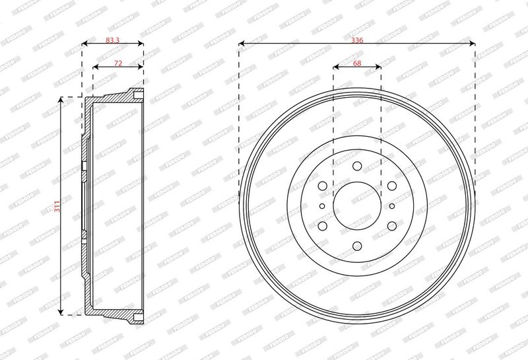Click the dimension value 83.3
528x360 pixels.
(112, 40)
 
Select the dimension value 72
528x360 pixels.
(118, 63)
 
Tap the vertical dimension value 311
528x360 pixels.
(57, 206)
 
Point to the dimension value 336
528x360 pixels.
(357, 40)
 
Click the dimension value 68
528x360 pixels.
(357, 63)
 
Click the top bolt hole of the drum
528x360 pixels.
(357, 166)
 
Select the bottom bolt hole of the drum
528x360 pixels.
(357, 246)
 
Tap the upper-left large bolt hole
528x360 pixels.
(322, 186)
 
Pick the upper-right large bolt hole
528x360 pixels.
(391, 186)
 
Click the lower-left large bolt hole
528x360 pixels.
(322, 226)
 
